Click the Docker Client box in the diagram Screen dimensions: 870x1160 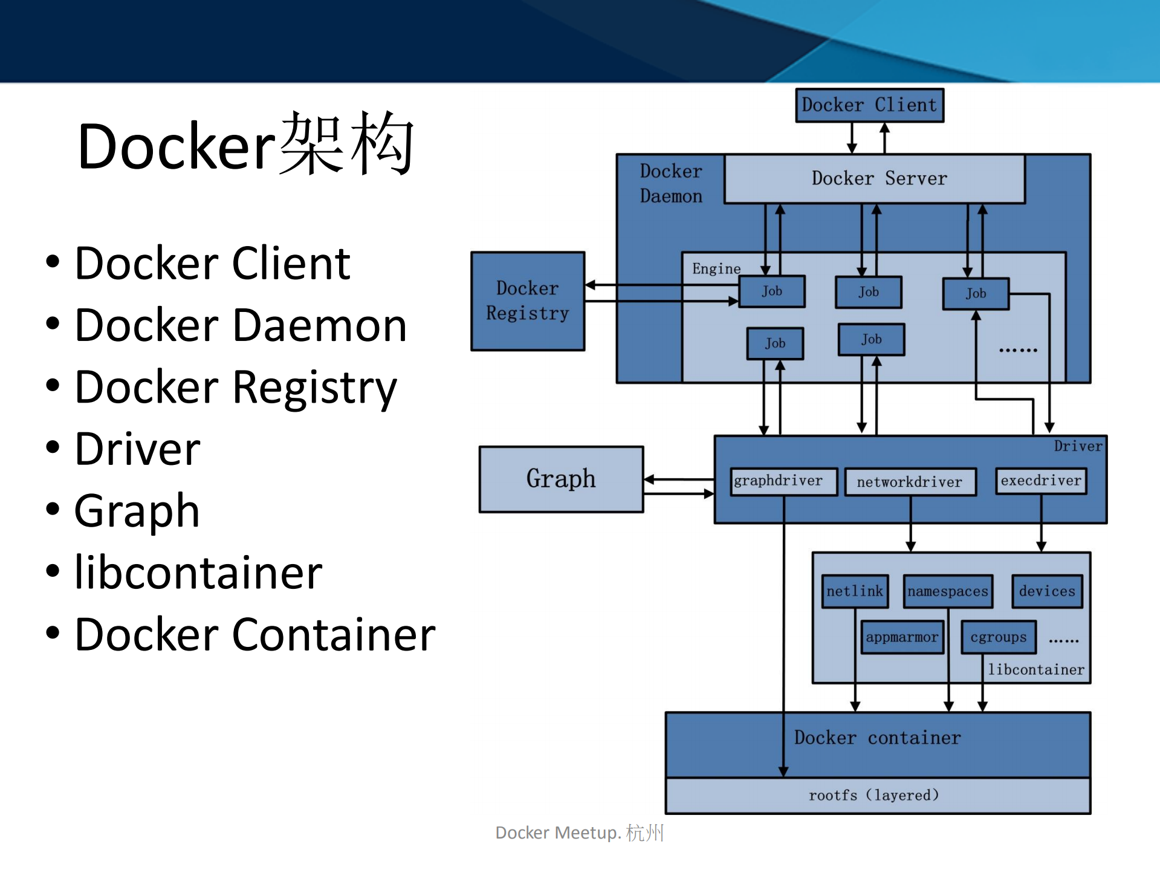869,105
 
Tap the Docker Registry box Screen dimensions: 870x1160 528,301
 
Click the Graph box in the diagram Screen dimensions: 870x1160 561,479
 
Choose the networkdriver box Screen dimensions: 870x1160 910,482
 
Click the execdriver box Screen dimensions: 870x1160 1041,481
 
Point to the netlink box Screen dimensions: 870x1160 855,591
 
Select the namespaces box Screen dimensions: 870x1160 948,591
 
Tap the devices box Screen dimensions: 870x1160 1047,591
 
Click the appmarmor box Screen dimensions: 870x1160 902,637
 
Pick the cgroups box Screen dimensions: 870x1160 999,637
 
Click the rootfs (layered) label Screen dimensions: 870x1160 874,795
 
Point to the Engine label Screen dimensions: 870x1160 716,268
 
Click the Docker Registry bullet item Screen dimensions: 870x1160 236,387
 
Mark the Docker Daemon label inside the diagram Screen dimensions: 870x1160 671,184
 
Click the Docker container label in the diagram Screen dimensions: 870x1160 877,738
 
